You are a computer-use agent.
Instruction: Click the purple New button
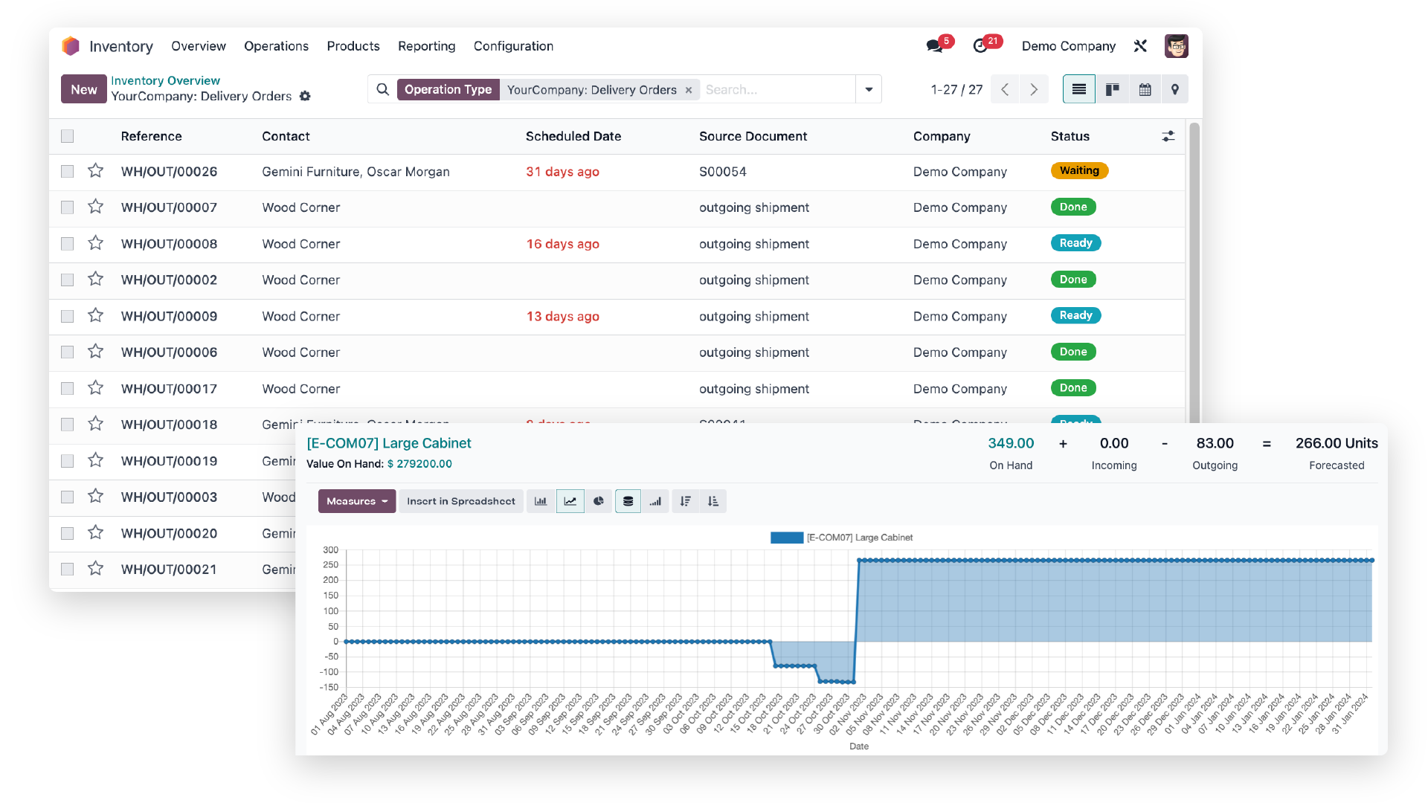83,89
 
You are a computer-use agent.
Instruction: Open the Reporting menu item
426,46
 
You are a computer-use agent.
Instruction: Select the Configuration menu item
513,46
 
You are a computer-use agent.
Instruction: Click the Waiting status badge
1078,171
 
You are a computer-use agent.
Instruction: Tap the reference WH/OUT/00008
169,244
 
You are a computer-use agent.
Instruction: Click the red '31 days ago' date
562,172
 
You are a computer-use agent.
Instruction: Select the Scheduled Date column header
573,136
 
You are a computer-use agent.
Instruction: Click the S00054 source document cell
722,172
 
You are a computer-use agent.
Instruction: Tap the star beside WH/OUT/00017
95,388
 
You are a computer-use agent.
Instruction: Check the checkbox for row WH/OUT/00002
68,280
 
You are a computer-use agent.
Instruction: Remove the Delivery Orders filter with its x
689,90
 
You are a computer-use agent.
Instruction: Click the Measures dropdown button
357,501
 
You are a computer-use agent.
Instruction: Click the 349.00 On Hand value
1011,443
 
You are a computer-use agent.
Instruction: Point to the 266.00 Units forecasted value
1336,443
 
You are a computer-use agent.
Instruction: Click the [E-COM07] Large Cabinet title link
389,443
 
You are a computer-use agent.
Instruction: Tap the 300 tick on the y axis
330,550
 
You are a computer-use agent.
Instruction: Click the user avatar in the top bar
1176,46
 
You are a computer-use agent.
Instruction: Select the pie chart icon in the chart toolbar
599,501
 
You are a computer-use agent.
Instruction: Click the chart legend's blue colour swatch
786,538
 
